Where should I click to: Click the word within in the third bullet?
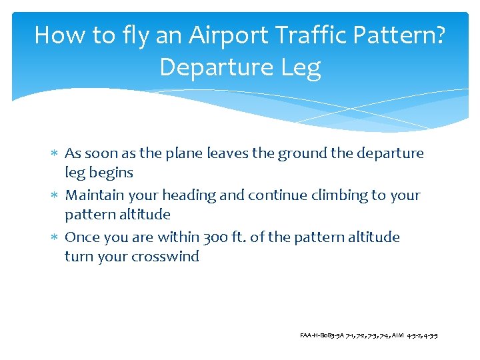177,237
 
